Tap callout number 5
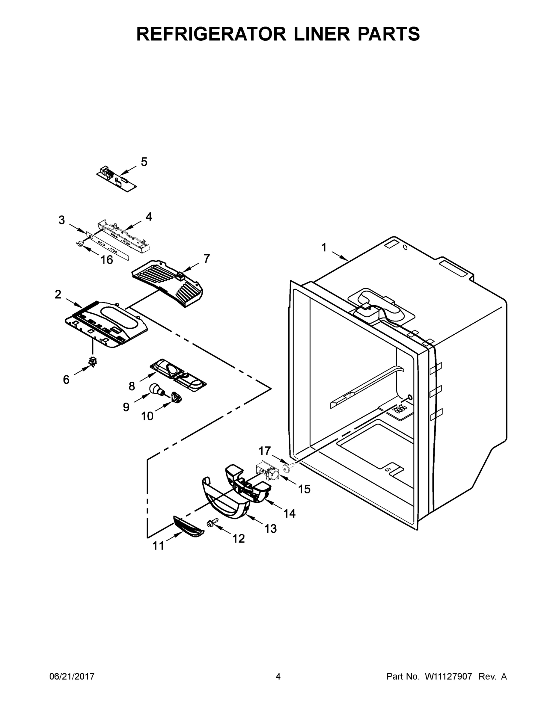144,162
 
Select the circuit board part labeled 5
117,179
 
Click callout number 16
107,260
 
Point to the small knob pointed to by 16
79,244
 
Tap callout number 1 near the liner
324,247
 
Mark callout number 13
270,529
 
